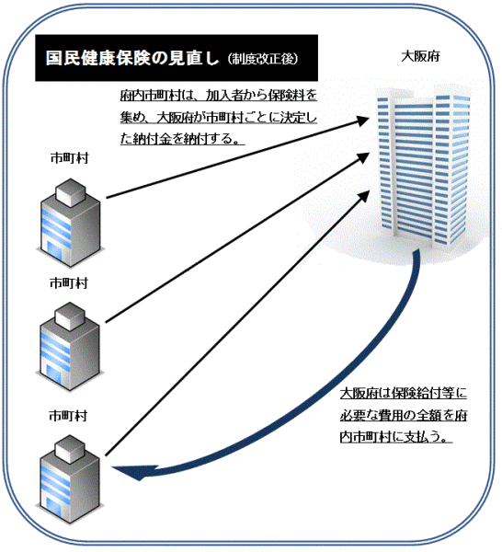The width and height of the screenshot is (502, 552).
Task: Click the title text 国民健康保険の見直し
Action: [x=132, y=58]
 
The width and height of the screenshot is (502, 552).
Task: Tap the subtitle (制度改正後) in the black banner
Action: [x=263, y=59]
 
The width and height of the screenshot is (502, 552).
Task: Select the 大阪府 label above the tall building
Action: [x=420, y=56]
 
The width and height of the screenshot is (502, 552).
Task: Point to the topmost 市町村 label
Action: [x=69, y=158]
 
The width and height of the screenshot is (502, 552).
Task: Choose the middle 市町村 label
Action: [x=69, y=282]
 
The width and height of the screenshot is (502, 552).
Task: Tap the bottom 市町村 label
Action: [x=68, y=416]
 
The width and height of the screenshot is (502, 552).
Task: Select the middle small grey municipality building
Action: [x=70, y=347]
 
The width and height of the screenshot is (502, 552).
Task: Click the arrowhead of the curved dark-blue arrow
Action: [x=133, y=472]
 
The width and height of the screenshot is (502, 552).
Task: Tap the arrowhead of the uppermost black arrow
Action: [x=362, y=121]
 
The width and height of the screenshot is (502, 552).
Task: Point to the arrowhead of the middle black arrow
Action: [x=363, y=157]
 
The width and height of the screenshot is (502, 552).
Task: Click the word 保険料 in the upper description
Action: [x=283, y=96]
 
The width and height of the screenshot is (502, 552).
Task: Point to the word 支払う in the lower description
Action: [x=422, y=437]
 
